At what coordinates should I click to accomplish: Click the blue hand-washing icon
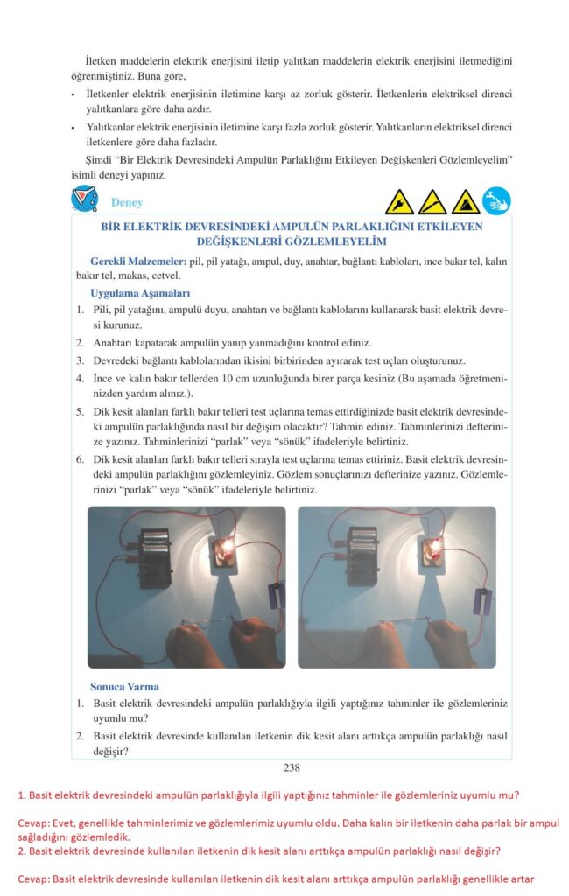496,201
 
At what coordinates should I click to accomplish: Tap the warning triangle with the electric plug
399,202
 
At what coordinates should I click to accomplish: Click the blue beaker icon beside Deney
84,199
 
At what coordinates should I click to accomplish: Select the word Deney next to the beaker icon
127,202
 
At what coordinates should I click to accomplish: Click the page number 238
292,767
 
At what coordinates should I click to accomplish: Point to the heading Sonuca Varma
124,687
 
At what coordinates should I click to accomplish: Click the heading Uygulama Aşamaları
140,294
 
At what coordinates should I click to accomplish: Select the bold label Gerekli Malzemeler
138,262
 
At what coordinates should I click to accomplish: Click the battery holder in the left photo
156,557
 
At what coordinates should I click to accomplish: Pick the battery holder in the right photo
363,556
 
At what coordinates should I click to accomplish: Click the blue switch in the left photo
277,595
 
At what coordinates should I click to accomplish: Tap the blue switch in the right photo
482,602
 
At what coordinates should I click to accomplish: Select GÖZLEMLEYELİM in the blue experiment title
331,241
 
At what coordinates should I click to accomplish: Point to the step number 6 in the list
80,459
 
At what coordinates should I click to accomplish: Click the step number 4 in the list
80,378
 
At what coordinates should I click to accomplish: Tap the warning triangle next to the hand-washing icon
466,202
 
